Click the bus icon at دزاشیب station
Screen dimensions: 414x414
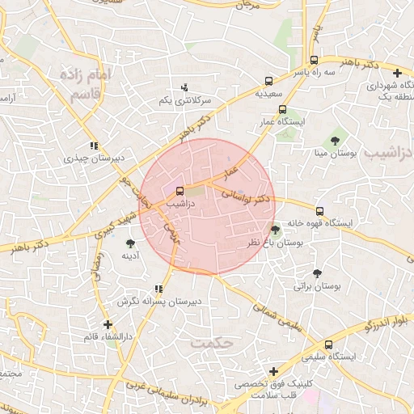[180, 192]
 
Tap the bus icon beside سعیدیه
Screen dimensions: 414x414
[268, 81]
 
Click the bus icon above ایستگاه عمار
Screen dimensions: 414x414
[282, 109]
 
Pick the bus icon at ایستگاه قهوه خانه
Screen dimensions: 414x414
[320, 211]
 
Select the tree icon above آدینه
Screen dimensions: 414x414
[131, 243]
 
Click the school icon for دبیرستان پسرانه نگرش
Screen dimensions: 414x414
[158, 289]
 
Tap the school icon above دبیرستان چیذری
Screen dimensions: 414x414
[95, 146]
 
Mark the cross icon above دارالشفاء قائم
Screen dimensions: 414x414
[108, 323]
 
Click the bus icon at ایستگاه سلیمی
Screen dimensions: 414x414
[329, 344]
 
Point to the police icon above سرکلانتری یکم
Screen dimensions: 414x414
[185, 87]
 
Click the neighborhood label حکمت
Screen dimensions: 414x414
[211, 343]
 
